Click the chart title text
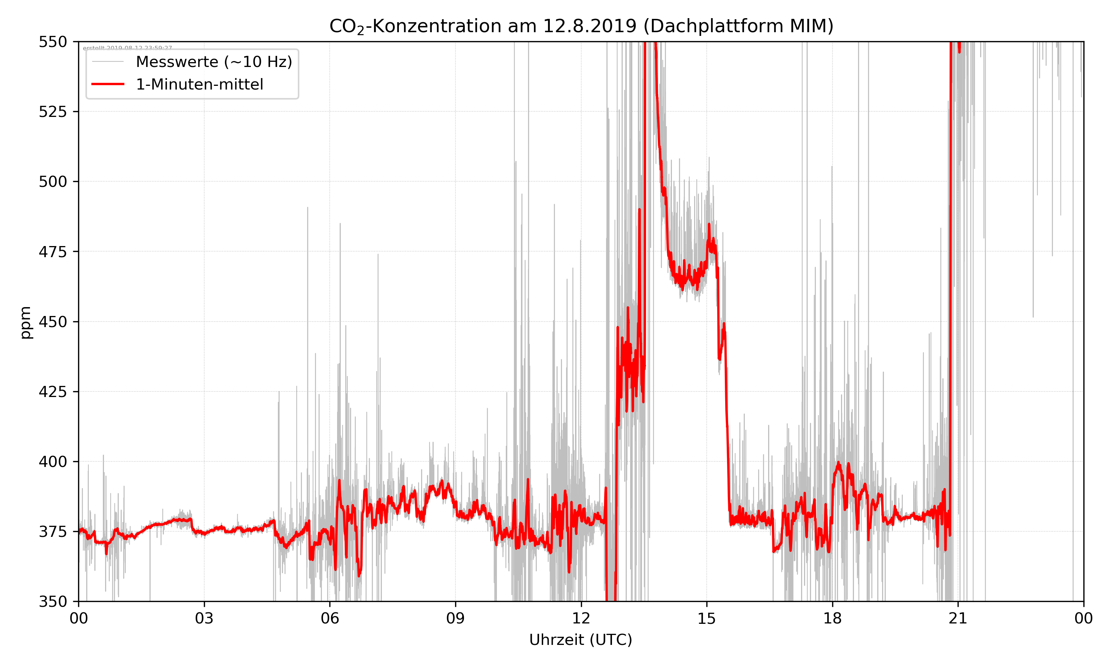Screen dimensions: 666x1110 coord(581,26)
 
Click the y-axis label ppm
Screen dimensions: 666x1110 coord(26,322)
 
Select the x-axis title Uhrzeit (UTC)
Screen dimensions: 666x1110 coord(581,639)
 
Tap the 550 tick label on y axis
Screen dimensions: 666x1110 coord(53,42)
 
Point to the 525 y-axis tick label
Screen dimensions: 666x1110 coord(53,112)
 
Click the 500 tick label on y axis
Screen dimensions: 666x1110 coord(53,182)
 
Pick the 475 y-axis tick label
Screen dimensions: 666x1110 coord(53,252)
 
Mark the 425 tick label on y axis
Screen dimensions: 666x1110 coord(53,392)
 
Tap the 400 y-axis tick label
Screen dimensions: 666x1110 coord(53,462)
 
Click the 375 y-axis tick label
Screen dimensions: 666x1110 coord(53,532)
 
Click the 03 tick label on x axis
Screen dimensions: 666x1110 coord(204,618)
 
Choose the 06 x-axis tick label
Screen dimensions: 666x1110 coord(330,618)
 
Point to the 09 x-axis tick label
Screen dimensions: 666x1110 coord(455,618)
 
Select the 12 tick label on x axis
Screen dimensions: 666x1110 coord(581,618)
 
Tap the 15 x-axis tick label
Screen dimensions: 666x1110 coord(707,618)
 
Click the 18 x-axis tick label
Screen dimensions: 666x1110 coord(832,618)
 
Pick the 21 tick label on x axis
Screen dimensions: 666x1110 coord(958,618)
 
